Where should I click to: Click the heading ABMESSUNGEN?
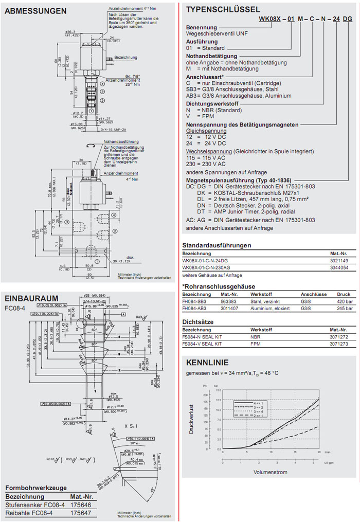point(35,10)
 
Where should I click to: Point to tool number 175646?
point(82,505)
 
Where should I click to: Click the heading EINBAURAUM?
point(31,298)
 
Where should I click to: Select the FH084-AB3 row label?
point(195,309)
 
